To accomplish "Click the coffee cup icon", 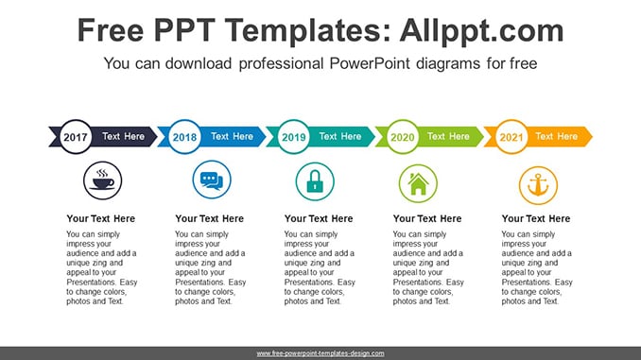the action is [103, 180].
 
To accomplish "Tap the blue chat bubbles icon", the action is [212, 180].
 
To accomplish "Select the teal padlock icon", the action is [315, 181].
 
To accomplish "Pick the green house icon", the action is [418, 183].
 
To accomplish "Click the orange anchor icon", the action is [538, 185].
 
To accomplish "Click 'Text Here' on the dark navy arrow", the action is [123, 136].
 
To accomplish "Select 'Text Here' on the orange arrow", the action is [556, 136].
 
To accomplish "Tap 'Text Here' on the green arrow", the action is [448, 136].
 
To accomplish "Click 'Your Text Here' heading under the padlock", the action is [319, 218].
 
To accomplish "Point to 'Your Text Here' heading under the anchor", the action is [536, 218].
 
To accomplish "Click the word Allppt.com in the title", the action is [481, 30].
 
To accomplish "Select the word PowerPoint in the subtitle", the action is [370, 63].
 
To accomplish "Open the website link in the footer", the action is [320, 353].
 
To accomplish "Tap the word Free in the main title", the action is [111, 30].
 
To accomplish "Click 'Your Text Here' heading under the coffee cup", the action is [100, 218].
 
